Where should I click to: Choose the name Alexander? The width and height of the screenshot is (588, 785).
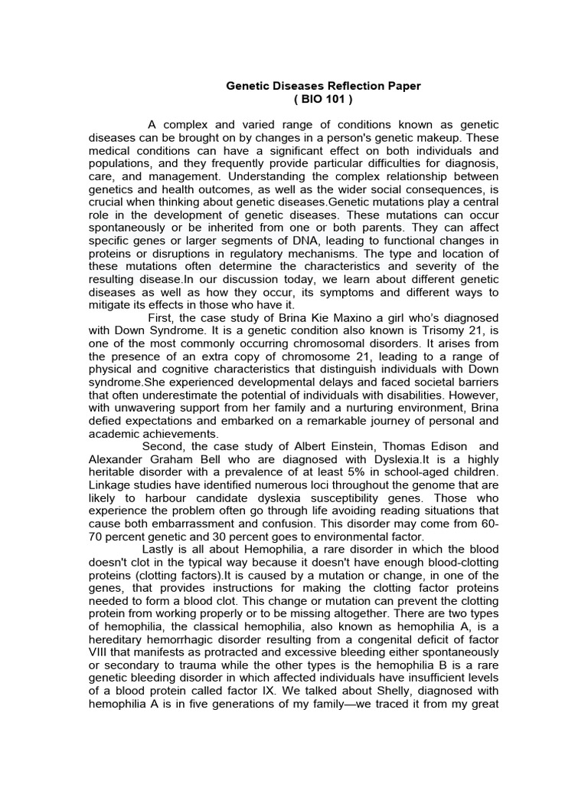point(117,460)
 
